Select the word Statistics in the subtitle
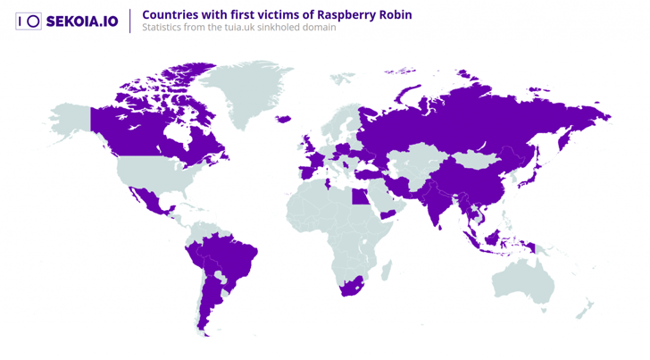[x=163, y=28]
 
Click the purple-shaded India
[x=435, y=205]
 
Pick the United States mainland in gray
[x=152, y=174]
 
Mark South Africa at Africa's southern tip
[x=348, y=288]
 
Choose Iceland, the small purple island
[x=284, y=119]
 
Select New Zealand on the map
[x=585, y=310]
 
